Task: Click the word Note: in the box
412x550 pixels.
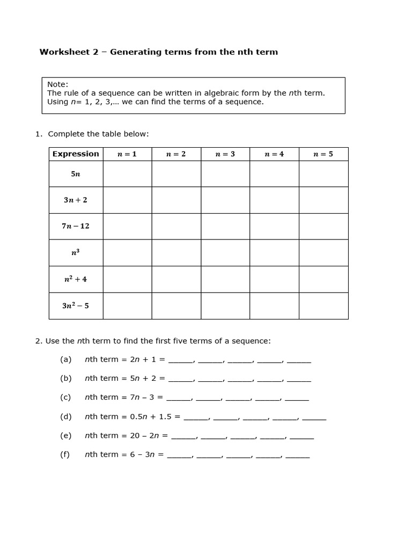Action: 58,84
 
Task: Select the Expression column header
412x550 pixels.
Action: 76,154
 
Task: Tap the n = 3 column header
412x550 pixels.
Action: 225,154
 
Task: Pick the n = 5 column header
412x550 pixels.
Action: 323,154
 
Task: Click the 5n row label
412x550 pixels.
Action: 76,174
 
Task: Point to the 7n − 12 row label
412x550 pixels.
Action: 76,226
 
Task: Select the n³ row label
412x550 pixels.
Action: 76,252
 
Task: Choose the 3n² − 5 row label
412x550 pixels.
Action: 76,306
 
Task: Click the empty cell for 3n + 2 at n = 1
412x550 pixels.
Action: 127,200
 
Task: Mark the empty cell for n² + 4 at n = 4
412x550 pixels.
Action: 274,279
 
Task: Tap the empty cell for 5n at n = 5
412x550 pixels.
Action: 323,174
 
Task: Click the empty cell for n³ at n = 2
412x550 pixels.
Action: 176,252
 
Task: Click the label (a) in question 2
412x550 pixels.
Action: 65,359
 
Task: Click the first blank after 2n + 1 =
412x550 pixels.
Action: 180,361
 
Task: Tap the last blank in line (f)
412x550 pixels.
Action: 298,456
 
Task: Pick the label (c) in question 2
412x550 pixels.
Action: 65,397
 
